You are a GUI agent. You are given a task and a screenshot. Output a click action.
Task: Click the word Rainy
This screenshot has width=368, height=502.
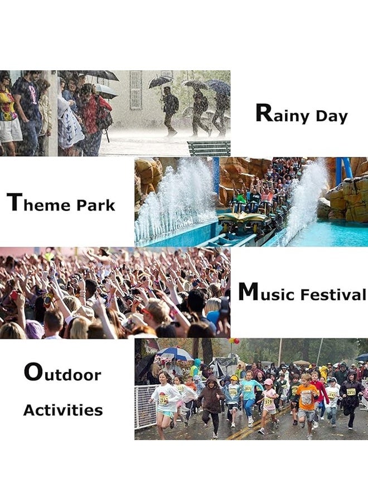click(x=282, y=114)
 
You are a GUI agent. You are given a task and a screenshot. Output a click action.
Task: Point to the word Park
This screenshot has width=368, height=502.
click(x=96, y=205)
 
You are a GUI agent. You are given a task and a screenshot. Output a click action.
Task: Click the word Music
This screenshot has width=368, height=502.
click(x=266, y=292)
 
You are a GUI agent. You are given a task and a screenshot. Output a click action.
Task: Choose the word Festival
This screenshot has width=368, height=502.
click(x=333, y=294)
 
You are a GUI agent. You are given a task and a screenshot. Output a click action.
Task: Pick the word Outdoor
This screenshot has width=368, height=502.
click(x=62, y=372)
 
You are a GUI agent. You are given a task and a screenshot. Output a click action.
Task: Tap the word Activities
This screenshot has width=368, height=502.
click(x=63, y=410)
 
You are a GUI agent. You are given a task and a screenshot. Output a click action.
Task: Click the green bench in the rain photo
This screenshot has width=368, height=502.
click(x=209, y=148)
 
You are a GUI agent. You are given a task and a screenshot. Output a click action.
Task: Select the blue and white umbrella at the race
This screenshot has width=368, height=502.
click(x=175, y=354)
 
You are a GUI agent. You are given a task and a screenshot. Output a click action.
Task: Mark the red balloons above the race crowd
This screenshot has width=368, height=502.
click(x=234, y=341)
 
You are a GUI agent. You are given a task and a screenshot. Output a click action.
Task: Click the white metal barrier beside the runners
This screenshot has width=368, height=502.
click(x=145, y=407)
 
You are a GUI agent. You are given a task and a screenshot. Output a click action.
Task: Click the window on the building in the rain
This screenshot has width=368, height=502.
click(x=135, y=90)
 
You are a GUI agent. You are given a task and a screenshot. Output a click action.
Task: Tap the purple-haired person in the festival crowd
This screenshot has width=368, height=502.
click(x=35, y=329)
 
